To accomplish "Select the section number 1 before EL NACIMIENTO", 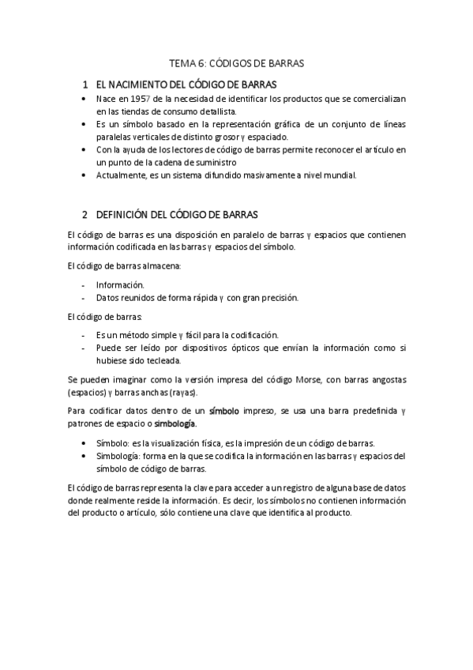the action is [85, 83].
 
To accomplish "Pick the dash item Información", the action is [120, 284].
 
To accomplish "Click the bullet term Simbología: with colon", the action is [118, 456].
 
